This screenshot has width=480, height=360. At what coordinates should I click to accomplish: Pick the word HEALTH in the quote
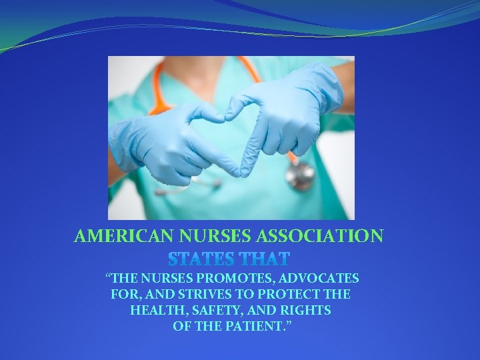[x=154, y=311]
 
